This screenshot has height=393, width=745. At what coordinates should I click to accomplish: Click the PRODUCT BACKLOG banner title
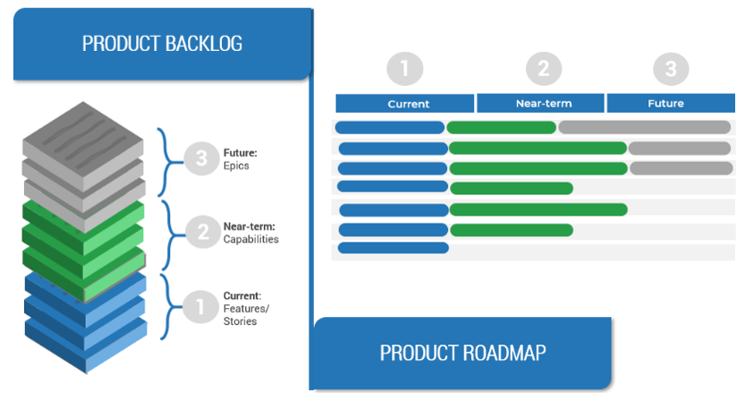point(162,43)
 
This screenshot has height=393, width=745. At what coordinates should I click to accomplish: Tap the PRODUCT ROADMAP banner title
point(462,352)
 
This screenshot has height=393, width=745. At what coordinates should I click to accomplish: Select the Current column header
point(408,104)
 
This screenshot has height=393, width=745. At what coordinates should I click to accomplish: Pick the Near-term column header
point(543,103)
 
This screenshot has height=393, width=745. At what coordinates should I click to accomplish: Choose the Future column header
point(665,103)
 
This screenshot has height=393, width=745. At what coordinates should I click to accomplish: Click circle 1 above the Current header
point(404,69)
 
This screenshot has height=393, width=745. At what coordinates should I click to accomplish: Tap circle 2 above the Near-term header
point(543,69)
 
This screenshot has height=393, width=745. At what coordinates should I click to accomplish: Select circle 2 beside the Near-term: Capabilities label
point(202,233)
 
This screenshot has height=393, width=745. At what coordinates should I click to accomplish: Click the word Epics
point(239,166)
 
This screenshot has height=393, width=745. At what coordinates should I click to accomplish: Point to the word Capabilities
point(251,239)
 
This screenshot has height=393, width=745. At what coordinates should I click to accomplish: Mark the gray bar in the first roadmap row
point(644,127)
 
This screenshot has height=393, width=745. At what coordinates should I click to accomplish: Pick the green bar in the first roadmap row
point(501,127)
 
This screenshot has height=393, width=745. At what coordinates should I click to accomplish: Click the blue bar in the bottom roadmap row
point(393,248)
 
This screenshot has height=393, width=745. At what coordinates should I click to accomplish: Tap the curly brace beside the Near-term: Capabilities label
point(166,235)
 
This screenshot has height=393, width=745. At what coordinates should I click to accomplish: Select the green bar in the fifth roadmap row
point(538,209)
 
